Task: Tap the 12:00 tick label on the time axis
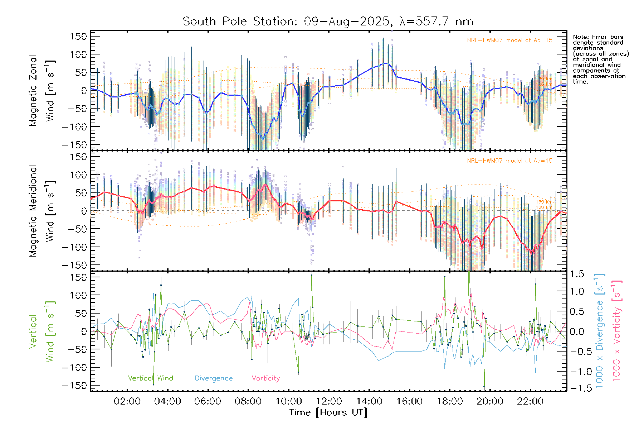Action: [x=329, y=401]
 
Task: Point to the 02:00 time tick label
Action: [x=127, y=401]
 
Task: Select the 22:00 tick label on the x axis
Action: [x=530, y=401]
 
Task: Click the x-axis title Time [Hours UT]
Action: [x=328, y=412]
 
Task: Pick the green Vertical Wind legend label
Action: [x=150, y=378]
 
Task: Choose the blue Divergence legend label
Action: [x=214, y=378]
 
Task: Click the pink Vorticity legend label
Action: [x=265, y=378]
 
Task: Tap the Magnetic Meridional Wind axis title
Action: [x=42, y=211]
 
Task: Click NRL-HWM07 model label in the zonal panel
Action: [x=509, y=40]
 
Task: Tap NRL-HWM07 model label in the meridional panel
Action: [x=509, y=161]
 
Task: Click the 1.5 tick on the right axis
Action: [x=577, y=274]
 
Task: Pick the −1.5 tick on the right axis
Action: [x=577, y=388]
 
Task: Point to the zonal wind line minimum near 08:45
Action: [x=263, y=138]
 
